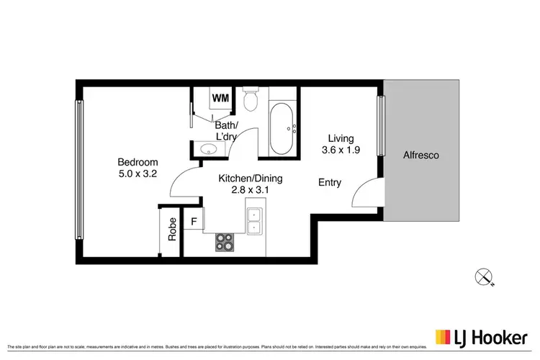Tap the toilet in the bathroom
tap(251, 101)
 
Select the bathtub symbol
tap(281, 130)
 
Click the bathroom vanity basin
tap(208, 150)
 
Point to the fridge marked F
tap(193, 221)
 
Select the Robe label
tap(172, 230)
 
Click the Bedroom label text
tap(138, 162)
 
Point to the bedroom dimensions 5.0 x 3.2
tap(138, 174)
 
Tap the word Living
tap(340, 138)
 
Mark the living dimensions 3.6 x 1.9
tap(340, 150)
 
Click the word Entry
tap(330, 183)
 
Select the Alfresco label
tap(421, 155)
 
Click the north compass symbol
tap(483, 275)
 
